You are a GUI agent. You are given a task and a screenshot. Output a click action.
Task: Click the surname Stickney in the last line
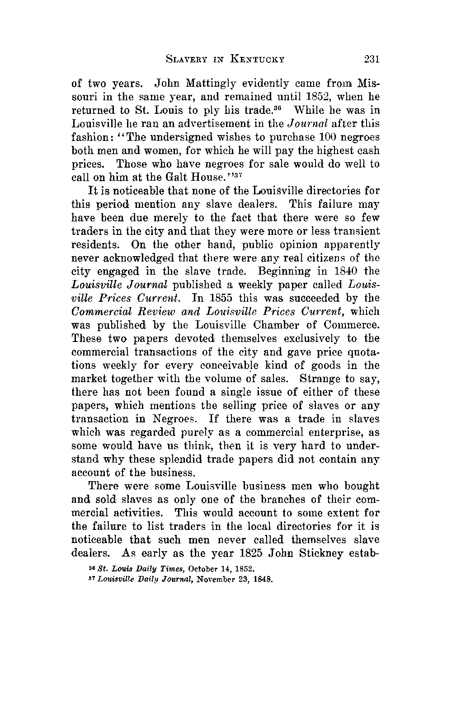point(322,553)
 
